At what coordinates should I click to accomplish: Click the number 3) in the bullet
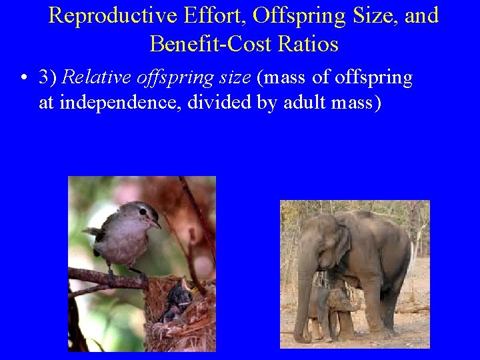[x=47, y=78]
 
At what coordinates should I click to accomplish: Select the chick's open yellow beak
[x=189, y=288]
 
